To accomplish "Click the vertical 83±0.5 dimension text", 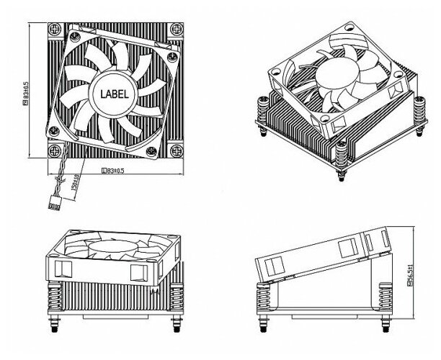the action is (x=26, y=91).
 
